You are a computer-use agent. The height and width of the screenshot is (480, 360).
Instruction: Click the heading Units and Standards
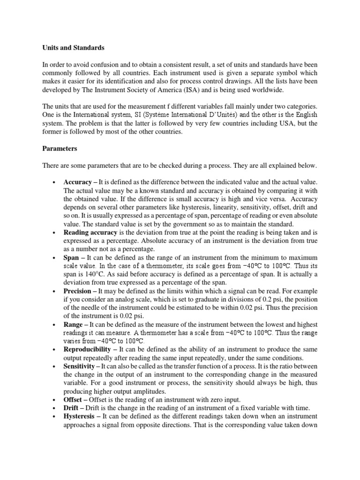click(x=73, y=48)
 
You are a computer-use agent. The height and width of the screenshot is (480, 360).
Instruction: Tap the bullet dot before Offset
click(x=55, y=400)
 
